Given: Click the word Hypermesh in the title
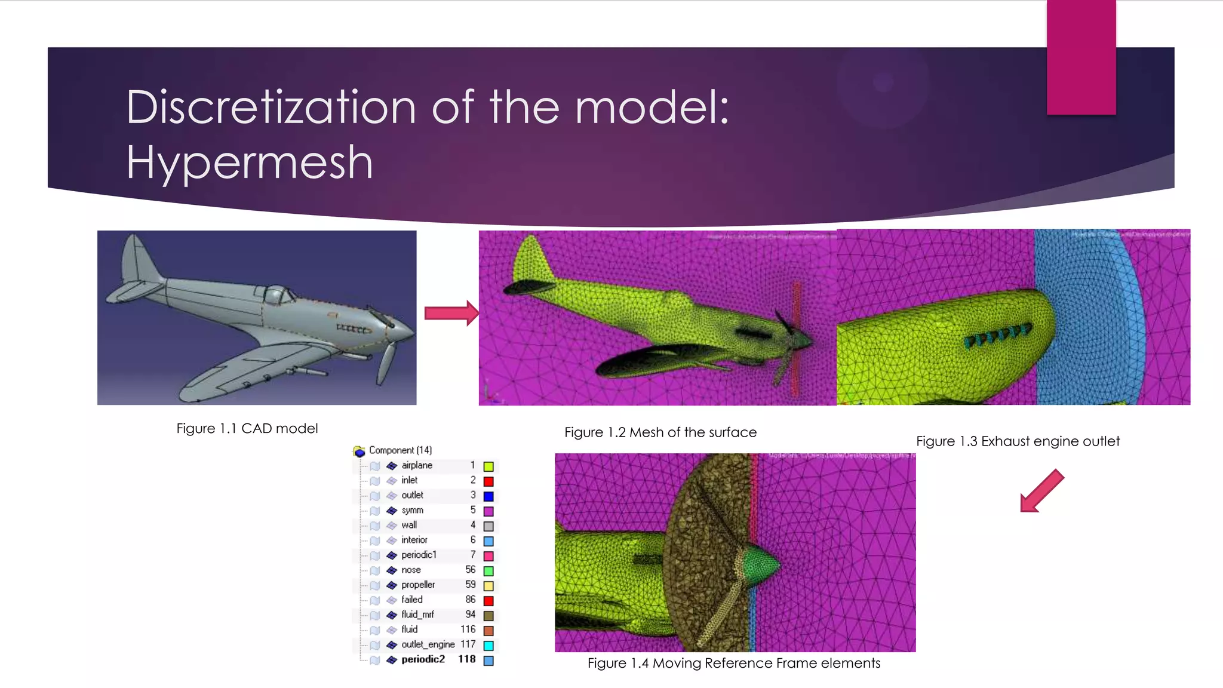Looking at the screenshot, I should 250,162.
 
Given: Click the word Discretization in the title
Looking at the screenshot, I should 271,107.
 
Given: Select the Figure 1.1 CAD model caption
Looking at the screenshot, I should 247,428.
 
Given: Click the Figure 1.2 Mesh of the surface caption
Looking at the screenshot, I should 660,432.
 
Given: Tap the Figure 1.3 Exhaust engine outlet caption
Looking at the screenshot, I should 1018,441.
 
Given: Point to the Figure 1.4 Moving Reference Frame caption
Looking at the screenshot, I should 733,663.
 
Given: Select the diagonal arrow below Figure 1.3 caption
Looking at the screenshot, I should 1041,492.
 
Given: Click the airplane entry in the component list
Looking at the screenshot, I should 417,465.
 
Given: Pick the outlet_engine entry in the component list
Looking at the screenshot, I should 428,644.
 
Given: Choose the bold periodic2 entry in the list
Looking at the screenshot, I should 423,659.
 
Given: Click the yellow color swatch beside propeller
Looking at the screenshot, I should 488,586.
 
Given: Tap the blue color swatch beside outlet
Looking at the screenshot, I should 488,496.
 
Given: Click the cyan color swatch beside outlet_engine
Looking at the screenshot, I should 488,646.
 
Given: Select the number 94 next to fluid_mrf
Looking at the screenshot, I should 470,615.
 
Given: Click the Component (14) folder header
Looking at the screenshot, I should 399,450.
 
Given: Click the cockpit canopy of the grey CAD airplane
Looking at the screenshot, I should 276,294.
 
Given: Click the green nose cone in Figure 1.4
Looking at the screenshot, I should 761,563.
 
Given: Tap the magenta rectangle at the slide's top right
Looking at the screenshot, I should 1081,57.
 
